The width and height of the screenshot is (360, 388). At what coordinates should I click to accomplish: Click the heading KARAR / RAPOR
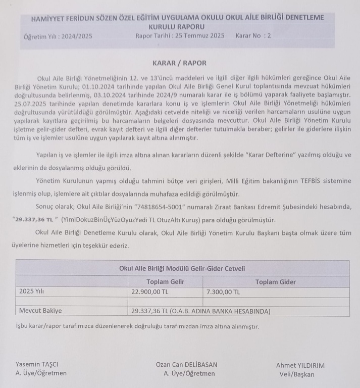pyautogui.click(x=179, y=63)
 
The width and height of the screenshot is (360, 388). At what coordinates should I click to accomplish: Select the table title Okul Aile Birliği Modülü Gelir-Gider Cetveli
pyautogui.click(x=182, y=268)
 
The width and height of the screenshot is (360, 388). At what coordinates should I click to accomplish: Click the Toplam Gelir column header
pyautogui.click(x=165, y=282)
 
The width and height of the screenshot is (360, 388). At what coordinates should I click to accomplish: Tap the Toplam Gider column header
pyautogui.click(x=275, y=282)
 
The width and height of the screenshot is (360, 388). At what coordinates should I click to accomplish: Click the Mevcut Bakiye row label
pyautogui.click(x=40, y=311)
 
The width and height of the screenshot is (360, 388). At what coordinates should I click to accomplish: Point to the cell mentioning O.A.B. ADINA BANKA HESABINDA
pyautogui.click(x=200, y=311)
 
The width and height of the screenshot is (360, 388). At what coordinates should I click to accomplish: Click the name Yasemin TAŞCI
pyautogui.click(x=37, y=365)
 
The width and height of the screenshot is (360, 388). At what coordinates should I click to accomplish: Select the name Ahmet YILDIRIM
pyautogui.click(x=300, y=365)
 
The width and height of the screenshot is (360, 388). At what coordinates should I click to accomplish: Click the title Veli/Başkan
pyautogui.click(x=296, y=374)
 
